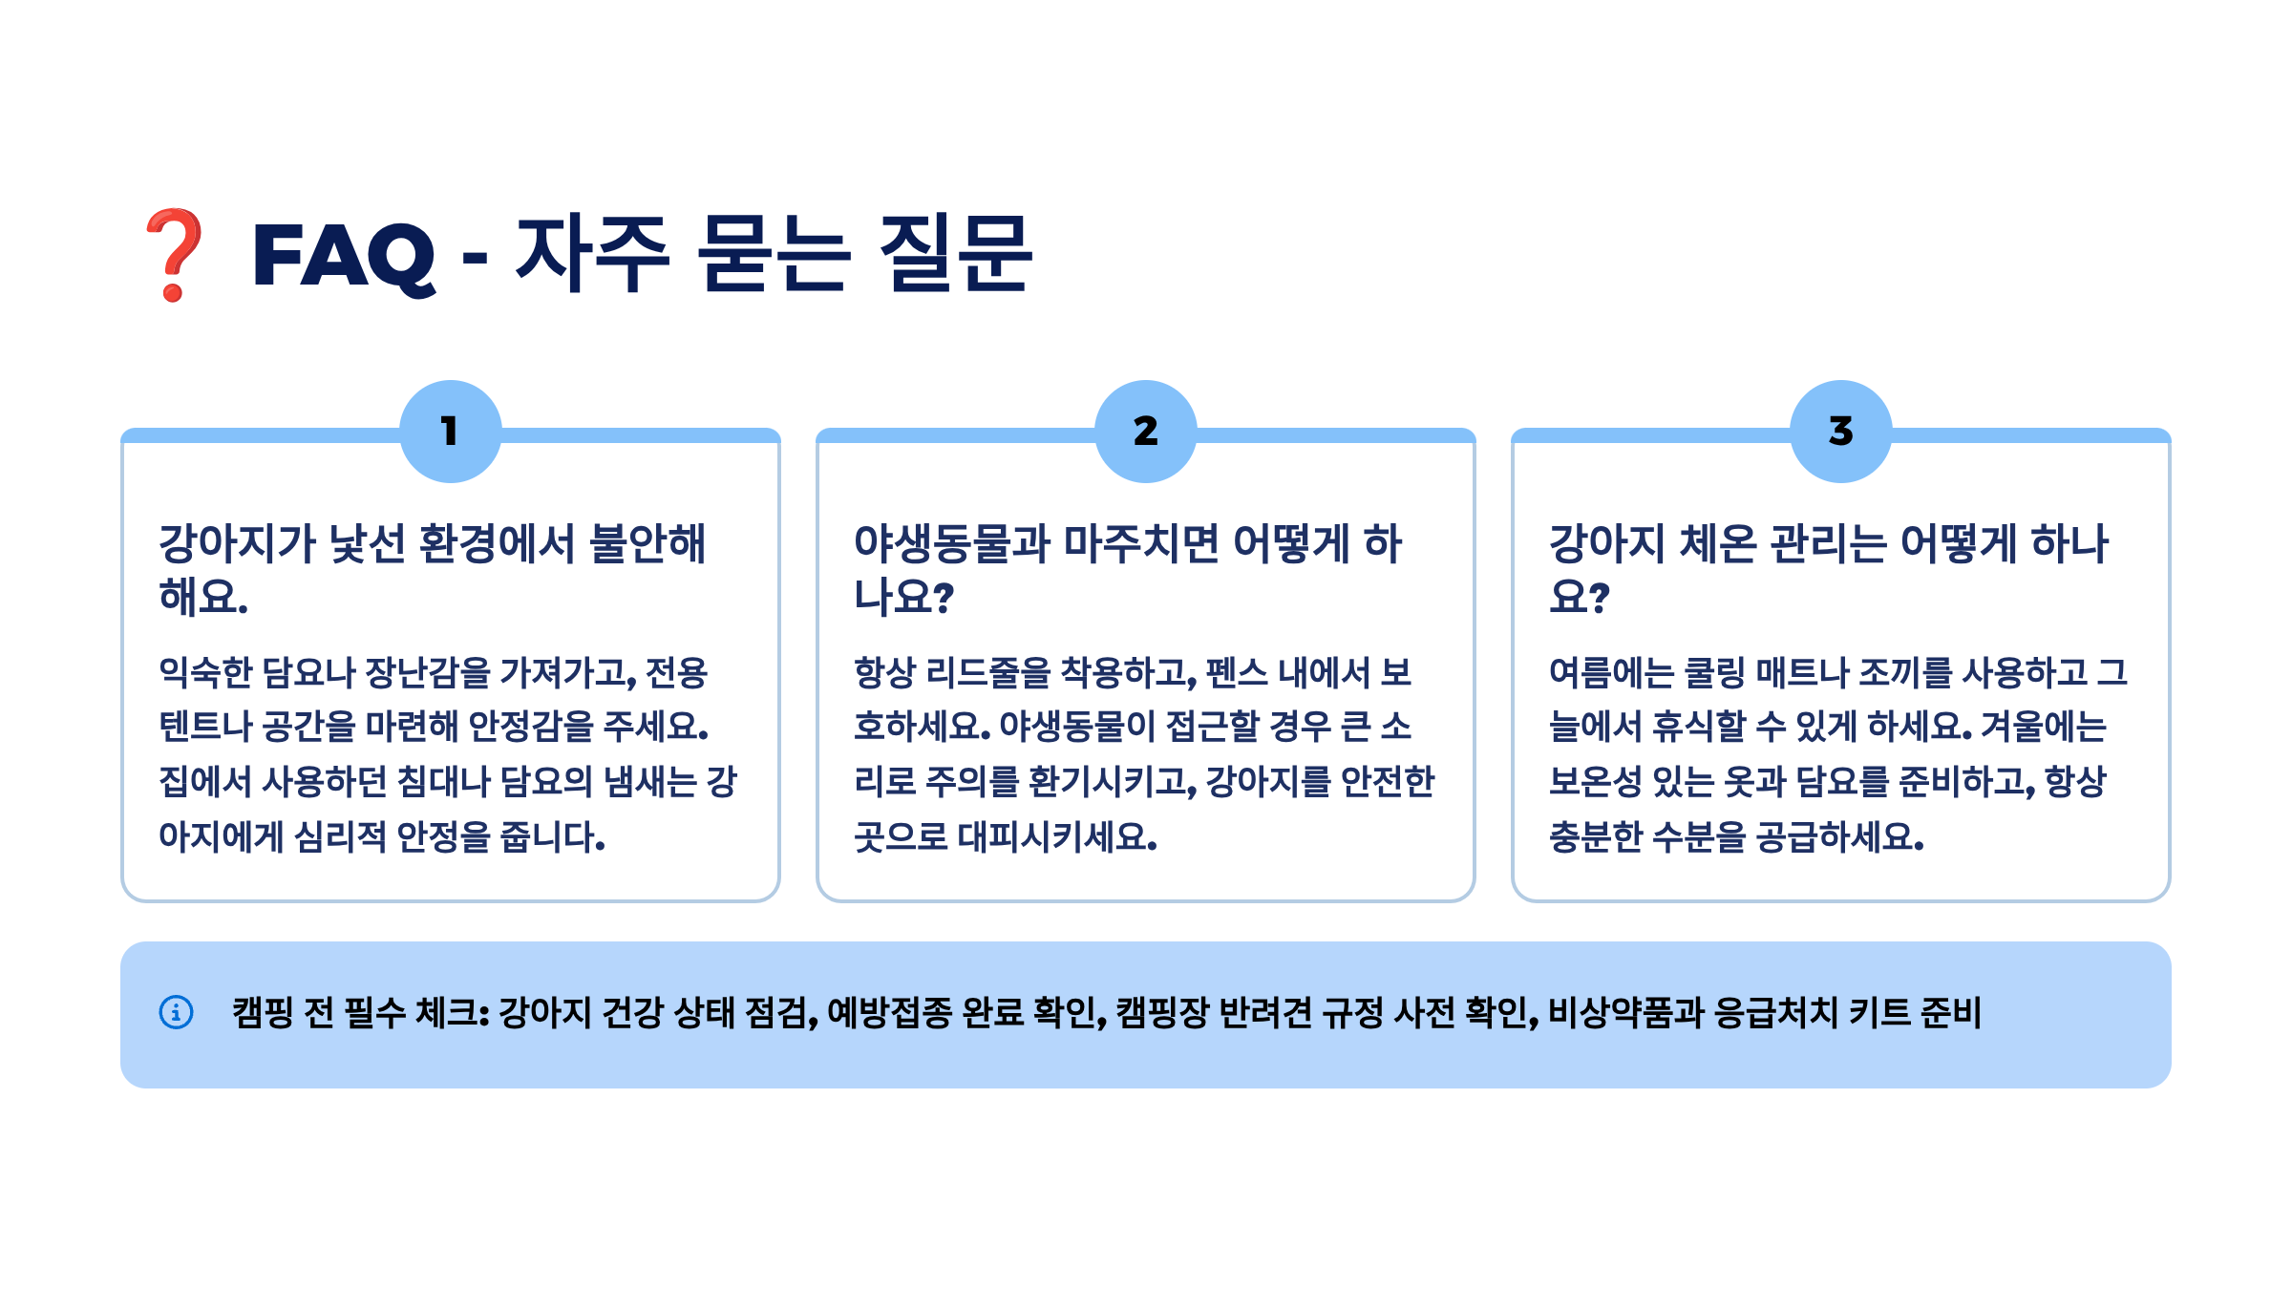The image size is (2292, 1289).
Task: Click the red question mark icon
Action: [x=173, y=254]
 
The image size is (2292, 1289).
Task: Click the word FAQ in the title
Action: [x=343, y=256]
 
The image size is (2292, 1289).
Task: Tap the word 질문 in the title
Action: [x=955, y=253]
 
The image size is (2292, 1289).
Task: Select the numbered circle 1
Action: [x=450, y=432]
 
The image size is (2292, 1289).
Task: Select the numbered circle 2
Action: [x=1145, y=432]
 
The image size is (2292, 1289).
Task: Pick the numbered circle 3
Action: [x=1840, y=432]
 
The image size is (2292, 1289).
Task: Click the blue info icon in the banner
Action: [x=176, y=1012]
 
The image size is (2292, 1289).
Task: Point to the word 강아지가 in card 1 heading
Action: [x=237, y=544]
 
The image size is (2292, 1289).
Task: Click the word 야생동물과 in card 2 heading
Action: [x=951, y=544]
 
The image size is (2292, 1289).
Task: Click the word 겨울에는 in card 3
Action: [x=2044, y=728]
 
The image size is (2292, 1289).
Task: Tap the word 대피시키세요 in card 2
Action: [x=1056, y=837]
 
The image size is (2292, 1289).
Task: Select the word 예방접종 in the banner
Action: [x=889, y=1013]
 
